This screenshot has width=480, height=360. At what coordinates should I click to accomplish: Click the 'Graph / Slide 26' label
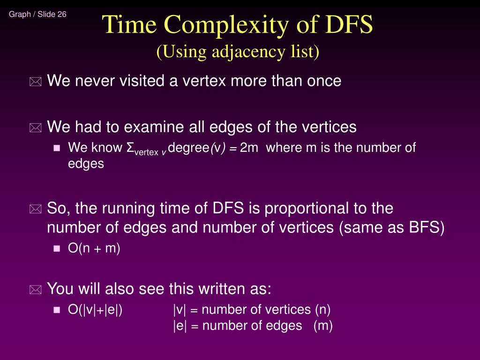click(37, 14)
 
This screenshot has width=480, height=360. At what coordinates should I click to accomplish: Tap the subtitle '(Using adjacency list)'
click(238, 52)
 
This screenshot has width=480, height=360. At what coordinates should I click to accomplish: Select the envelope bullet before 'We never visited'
click(35, 82)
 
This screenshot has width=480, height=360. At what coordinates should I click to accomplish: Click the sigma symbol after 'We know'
click(130, 148)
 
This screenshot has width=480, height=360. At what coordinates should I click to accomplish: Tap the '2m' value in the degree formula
click(249, 148)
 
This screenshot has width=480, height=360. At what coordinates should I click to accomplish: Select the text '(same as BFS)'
click(392, 227)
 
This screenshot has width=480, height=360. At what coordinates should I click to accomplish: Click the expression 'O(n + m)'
click(94, 248)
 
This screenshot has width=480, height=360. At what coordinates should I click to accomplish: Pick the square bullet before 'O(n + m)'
click(57, 249)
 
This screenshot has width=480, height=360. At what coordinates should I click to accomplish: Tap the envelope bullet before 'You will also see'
click(35, 290)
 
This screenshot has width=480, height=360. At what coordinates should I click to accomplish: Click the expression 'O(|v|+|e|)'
click(96, 310)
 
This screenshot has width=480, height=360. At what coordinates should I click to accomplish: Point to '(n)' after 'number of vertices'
click(322, 310)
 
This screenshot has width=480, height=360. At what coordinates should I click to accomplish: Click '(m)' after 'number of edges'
click(323, 326)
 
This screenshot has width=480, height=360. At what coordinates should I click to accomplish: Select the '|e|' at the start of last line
click(180, 326)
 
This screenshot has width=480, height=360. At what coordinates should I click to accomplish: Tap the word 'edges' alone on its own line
click(86, 164)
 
